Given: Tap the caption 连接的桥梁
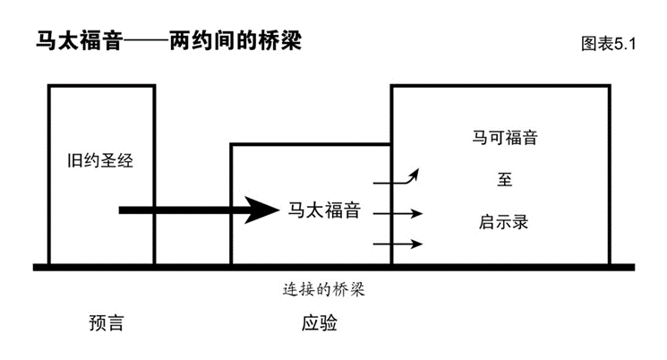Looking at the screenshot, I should pos(323,290).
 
